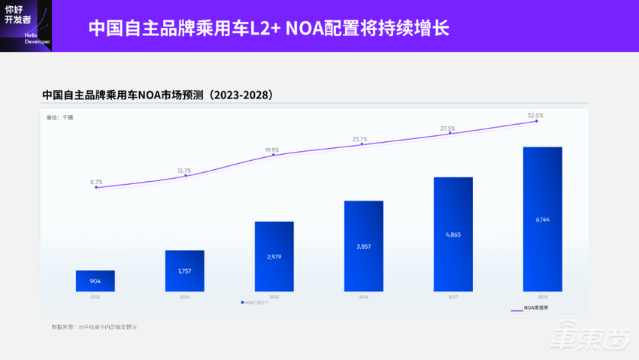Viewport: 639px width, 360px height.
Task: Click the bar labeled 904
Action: coord(95,281)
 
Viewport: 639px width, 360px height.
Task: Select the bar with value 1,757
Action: coord(185,271)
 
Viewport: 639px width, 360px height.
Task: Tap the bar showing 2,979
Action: coord(274,256)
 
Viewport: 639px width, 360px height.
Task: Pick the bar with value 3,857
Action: coord(364,246)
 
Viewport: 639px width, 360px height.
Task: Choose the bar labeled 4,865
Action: coord(453,234)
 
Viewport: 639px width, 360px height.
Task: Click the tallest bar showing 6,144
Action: coord(543,219)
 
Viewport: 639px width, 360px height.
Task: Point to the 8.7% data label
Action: coord(96,182)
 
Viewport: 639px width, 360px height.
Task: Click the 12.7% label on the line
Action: coord(185,171)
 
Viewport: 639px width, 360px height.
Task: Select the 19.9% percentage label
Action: coord(272,150)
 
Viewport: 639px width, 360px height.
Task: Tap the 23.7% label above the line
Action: coord(360,139)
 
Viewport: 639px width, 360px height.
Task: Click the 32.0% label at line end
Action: coord(535,116)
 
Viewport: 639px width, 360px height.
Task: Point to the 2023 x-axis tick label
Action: coord(95,297)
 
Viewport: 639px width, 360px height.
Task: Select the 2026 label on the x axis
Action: coord(364,297)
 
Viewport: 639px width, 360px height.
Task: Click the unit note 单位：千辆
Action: coord(60,118)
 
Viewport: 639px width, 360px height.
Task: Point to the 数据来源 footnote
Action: coord(94,327)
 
